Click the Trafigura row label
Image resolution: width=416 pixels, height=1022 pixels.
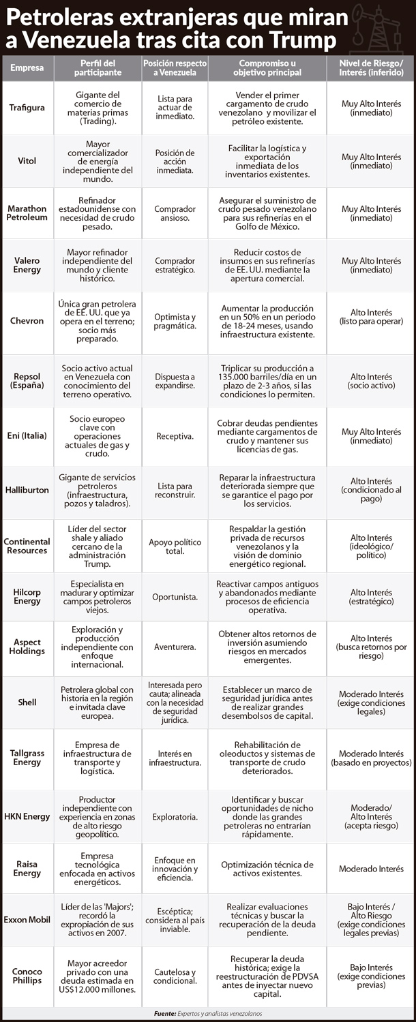point(28,108)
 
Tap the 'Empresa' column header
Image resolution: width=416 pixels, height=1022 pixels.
point(28,67)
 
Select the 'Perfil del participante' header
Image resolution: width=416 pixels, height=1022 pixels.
point(97,67)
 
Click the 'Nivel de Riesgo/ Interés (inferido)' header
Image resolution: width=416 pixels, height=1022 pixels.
point(371,67)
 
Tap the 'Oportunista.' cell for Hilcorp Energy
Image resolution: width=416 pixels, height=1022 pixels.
point(175,597)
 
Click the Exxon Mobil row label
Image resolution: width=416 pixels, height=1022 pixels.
point(28,919)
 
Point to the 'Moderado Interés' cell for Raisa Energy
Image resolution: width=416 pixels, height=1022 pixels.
point(371,869)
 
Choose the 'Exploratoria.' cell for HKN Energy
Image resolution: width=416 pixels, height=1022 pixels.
point(175,816)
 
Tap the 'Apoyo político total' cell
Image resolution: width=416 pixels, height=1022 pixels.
point(175,546)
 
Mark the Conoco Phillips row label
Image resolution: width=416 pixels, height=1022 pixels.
point(28,976)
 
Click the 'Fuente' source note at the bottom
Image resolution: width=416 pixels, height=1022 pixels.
point(207,1013)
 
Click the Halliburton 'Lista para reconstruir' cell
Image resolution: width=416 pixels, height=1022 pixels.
point(175,491)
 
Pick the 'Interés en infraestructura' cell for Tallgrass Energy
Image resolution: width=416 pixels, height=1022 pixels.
point(175,758)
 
